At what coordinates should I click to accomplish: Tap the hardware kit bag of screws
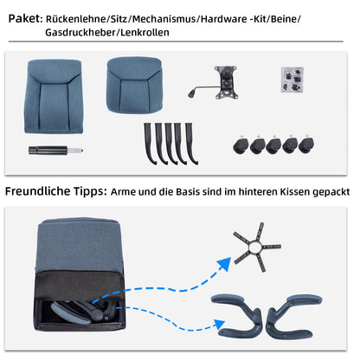click(293, 79)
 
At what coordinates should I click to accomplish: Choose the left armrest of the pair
click(239, 312)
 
